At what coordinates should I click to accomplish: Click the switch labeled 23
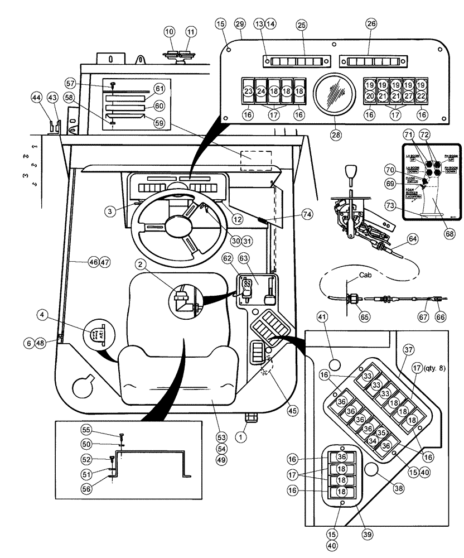(x=249, y=91)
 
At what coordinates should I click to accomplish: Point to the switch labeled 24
(x=261, y=91)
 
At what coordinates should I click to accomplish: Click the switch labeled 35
(x=381, y=432)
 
